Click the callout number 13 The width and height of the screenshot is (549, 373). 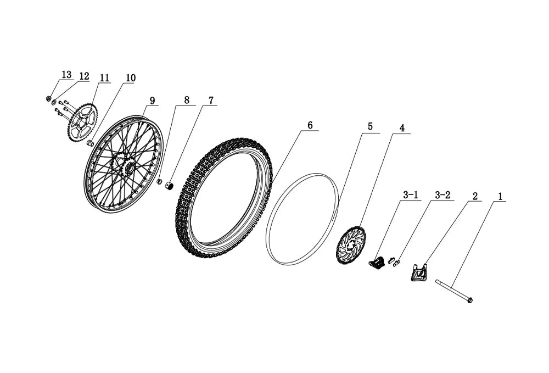click(x=66, y=75)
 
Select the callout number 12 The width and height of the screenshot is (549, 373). click(x=84, y=76)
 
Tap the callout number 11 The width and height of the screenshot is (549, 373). click(x=104, y=78)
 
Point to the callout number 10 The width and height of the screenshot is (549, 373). click(x=130, y=78)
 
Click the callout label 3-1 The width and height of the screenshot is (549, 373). click(x=410, y=194)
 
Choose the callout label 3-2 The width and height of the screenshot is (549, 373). click(x=442, y=194)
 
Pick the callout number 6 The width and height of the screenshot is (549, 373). click(x=310, y=125)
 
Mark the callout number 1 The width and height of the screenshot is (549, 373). click(x=500, y=197)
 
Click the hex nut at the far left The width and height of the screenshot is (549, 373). click(x=49, y=98)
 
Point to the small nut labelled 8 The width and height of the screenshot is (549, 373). click(x=159, y=181)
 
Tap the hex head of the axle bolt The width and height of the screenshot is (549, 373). click(x=470, y=300)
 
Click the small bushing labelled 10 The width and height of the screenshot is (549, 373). click(x=90, y=143)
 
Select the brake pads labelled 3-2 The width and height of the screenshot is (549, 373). click(x=394, y=261)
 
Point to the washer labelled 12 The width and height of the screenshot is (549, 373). click(x=54, y=103)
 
